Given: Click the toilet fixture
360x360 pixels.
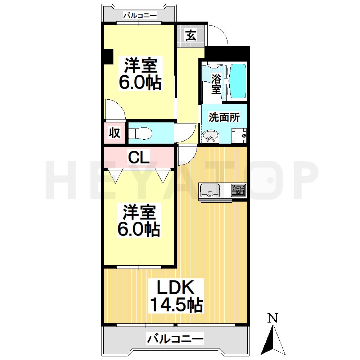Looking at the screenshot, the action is tap(140, 133).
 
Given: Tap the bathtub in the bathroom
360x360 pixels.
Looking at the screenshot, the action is tap(238, 81).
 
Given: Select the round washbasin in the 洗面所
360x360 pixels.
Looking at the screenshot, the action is tap(211, 137).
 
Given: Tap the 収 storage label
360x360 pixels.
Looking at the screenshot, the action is tap(114, 133).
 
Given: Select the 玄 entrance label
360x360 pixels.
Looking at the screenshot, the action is tap(191, 36).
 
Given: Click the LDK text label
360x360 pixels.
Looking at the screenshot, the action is tap(176, 287).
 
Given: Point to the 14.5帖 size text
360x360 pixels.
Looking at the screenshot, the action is tap(176, 305).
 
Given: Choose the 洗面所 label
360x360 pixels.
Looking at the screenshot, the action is tap(224, 117).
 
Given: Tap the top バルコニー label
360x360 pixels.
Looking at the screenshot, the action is tap(140, 15).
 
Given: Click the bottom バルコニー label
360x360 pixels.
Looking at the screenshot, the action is tap(175, 339).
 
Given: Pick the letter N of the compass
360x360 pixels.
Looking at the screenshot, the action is tap(273, 318).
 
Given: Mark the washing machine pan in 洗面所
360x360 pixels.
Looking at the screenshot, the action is tap(239, 136).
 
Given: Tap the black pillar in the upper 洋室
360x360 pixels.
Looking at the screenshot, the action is tap(108, 57).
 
